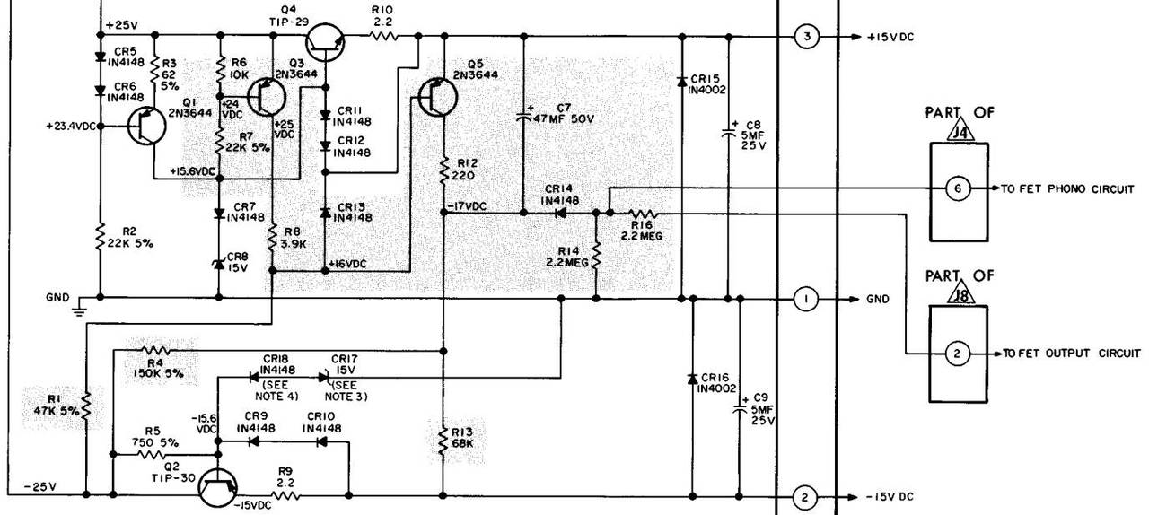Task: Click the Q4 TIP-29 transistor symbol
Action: point(325,42)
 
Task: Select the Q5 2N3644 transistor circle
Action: point(437,97)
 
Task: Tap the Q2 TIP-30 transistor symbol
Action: point(218,488)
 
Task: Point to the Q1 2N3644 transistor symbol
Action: point(146,126)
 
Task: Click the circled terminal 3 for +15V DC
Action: point(807,37)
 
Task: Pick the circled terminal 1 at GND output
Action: point(806,299)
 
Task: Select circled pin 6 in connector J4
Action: point(958,188)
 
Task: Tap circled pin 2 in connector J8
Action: point(957,354)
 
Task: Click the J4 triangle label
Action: point(960,132)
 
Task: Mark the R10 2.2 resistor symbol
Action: point(382,36)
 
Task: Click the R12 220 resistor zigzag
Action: point(443,170)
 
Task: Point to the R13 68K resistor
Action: point(443,441)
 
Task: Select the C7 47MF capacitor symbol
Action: point(523,116)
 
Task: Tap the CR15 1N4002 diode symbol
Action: point(681,82)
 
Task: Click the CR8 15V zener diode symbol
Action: point(218,264)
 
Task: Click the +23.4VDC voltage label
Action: point(71,126)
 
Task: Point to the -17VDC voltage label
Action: point(467,206)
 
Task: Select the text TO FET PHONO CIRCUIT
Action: point(1067,188)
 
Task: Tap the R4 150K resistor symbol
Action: point(156,351)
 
